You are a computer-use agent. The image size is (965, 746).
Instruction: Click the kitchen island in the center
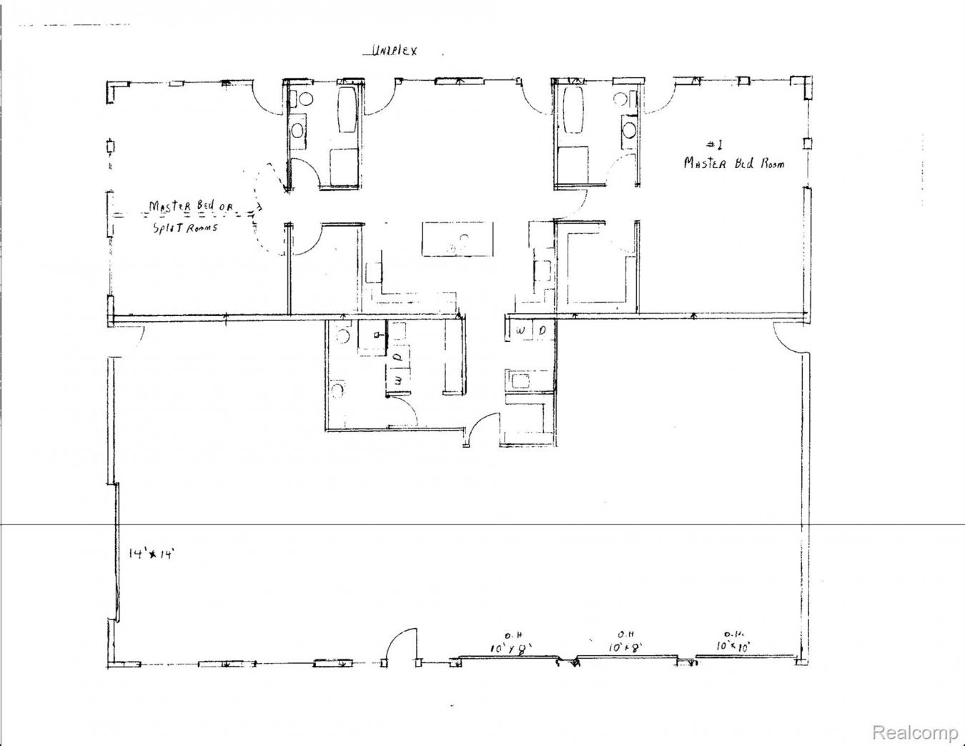click(457, 239)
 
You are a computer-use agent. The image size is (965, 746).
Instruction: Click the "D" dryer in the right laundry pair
click(543, 330)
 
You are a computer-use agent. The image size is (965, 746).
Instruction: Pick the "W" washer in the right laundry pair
click(520, 330)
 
